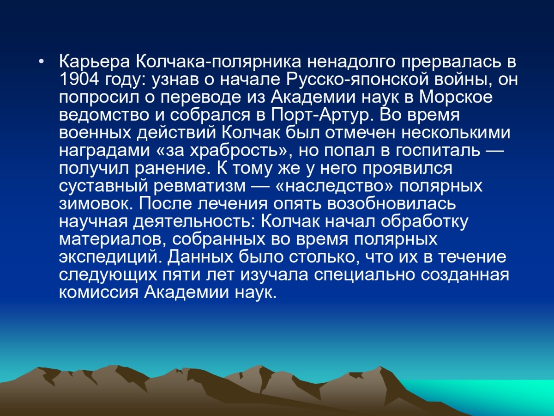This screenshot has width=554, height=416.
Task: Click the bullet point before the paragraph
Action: click(x=42, y=62)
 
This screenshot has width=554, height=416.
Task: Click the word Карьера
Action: click(x=94, y=62)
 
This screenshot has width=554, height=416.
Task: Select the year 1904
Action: click(x=79, y=80)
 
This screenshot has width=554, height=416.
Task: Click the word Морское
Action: click(x=456, y=98)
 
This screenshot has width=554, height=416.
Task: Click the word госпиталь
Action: click(x=438, y=151)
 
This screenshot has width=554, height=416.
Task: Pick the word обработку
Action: click(x=425, y=222)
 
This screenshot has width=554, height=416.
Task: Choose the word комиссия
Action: click(x=99, y=293)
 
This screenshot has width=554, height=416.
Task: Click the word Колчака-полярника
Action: click(x=218, y=62)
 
